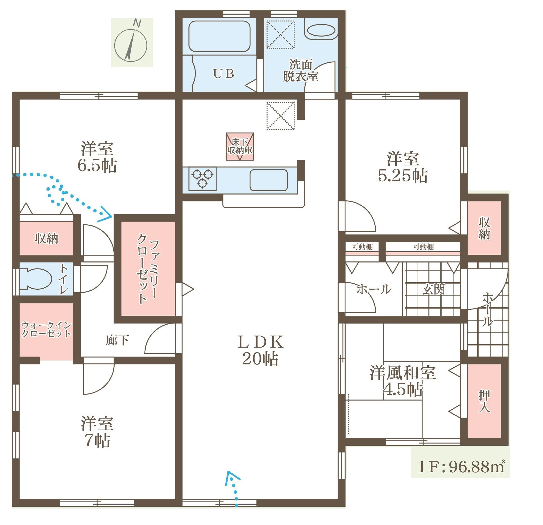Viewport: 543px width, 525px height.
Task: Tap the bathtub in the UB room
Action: coord(219,36)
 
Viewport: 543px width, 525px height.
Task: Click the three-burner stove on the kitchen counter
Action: coord(203,178)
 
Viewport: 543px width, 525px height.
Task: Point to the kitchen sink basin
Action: coord(268,180)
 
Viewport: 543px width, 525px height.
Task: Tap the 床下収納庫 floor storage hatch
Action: coord(240,146)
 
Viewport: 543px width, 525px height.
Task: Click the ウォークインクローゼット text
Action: coord(46,329)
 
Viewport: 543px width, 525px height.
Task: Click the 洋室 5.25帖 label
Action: coord(403,167)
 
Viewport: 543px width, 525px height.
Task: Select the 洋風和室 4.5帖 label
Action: coord(403,381)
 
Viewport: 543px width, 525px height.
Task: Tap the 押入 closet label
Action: coord(484,401)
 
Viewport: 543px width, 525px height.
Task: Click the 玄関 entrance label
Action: coord(433,290)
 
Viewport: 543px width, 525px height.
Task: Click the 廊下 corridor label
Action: coord(117,340)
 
